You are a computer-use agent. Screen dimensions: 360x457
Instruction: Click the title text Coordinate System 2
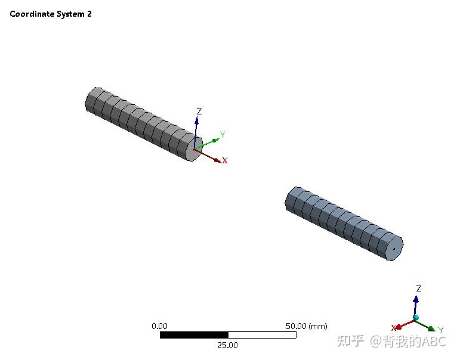click(51, 14)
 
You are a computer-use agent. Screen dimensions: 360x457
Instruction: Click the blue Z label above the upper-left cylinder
click(199, 111)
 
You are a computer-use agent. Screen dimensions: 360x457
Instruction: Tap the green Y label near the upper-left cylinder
click(223, 135)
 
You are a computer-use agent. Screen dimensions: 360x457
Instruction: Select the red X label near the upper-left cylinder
click(225, 160)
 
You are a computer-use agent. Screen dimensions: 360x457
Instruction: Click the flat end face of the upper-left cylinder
click(192, 150)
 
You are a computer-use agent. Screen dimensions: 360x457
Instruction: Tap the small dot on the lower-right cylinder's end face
click(394, 249)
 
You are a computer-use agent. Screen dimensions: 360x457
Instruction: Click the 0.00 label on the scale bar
click(159, 326)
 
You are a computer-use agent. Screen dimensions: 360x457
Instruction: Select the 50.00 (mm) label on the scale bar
click(307, 326)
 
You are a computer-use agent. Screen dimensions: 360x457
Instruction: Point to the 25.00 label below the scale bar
click(227, 345)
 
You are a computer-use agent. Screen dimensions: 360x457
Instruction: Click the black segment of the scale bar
click(194, 335)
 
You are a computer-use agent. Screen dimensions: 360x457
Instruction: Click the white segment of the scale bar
click(262, 335)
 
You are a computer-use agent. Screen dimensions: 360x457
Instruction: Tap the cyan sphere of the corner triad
click(416, 318)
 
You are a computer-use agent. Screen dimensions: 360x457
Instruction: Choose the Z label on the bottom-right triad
click(419, 288)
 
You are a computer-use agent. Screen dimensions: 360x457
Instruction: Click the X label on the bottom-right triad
click(394, 328)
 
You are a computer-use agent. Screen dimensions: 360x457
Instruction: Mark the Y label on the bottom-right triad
click(441, 330)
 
